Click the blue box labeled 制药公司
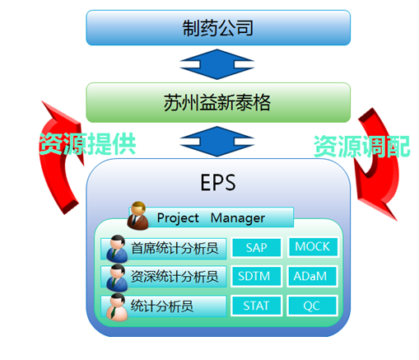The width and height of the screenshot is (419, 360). pos(218,28)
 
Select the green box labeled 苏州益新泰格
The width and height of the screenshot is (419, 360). pos(218,102)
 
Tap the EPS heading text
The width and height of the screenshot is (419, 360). pos(218,183)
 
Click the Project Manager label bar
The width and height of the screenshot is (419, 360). pos(212,217)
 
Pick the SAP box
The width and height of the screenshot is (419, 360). pos(256,247)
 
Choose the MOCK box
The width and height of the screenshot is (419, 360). pos(313,246)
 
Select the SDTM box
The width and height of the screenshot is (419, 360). pos(256,276)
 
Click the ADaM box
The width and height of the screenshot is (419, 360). pos(312,276)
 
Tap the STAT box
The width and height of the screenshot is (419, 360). pos(256,306)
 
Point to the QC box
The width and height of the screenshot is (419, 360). pos(312,306)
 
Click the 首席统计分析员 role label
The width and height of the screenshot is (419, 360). pos(175,248)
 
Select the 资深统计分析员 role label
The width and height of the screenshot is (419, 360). pos(175,276)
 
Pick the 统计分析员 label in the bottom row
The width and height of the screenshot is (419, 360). pos(162,306)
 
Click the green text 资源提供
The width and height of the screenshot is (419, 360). pos(87,143)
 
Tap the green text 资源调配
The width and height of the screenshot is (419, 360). pos(362,147)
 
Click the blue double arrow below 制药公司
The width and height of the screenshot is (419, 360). pos(217,64)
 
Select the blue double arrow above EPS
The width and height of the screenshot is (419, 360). pos(217,142)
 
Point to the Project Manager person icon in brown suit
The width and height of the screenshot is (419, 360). pos(137,215)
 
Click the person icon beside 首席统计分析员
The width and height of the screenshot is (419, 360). pos(117,249)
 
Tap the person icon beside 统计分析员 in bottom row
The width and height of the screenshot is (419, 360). pos(117,307)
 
